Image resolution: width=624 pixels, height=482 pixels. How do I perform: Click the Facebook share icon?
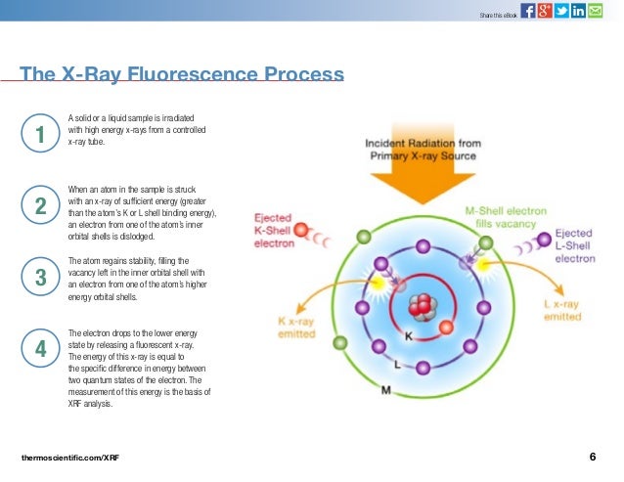click(528, 11)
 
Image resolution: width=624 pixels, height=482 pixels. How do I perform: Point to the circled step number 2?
click(40, 205)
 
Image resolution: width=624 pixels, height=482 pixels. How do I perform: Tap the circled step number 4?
click(40, 349)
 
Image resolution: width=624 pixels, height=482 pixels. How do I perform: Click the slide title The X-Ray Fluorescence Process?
click(182, 75)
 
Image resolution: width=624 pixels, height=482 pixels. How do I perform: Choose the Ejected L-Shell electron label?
click(575, 245)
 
